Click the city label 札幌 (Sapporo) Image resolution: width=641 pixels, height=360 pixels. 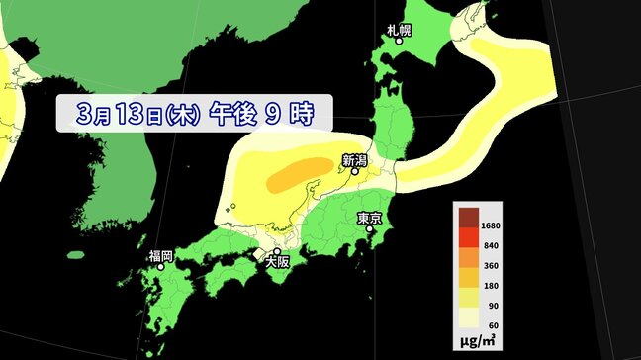coord(401,31)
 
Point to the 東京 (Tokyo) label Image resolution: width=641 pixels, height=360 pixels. coord(370,218)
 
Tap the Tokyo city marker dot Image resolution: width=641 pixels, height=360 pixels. coord(371,230)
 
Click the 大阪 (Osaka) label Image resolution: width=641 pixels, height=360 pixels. coord(277,262)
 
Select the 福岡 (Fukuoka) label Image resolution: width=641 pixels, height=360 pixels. coord(161,256)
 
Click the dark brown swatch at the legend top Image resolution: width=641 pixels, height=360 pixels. coord(467,216)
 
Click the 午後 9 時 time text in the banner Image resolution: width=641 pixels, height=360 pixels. coord(260,115)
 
